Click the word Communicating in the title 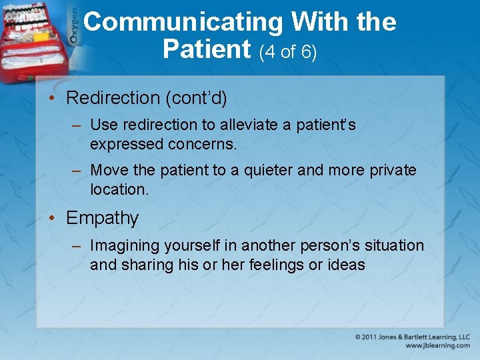click(x=185, y=23)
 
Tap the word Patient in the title click(x=207, y=49)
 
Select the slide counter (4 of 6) click(x=288, y=52)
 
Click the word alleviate click(x=253, y=125)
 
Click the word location click(x=119, y=189)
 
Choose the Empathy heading click(x=103, y=218)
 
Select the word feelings click(x=275, y=265)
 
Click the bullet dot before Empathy click(x=55, y=218)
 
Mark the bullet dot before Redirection click(x=55, y=98)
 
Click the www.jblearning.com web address click(x=437, y=346)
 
